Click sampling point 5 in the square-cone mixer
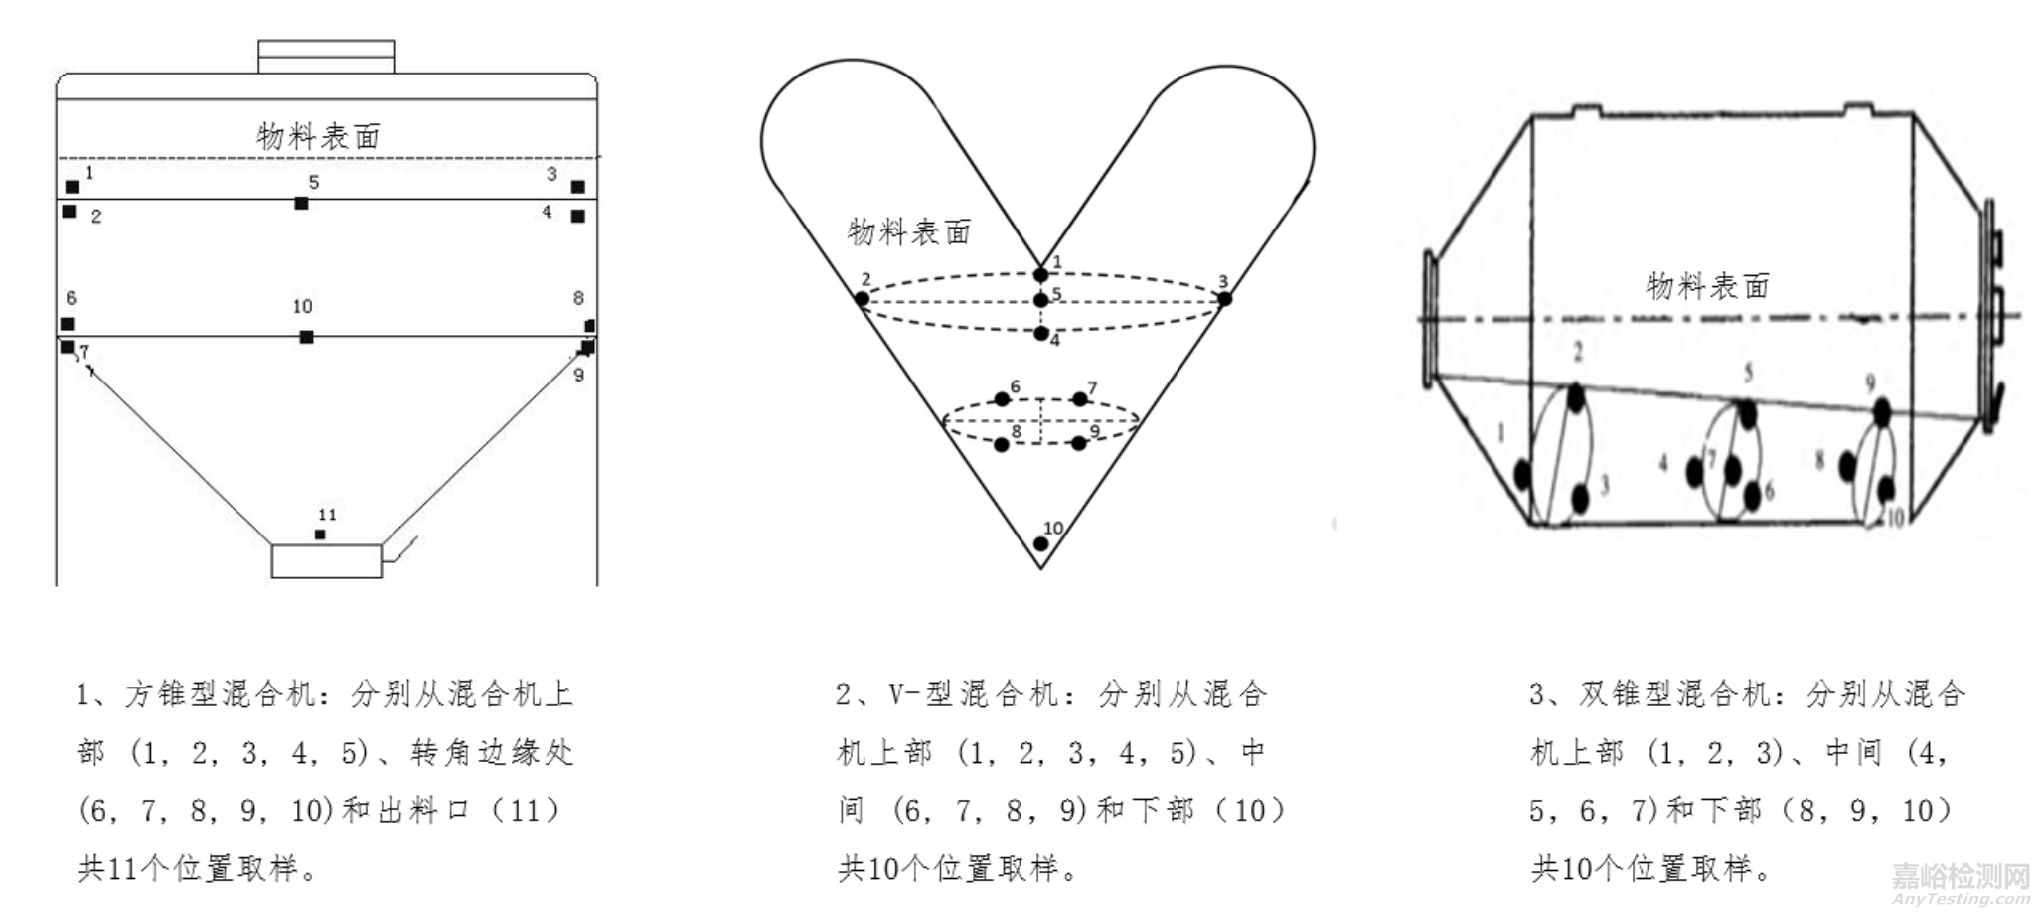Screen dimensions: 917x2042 (301, 204)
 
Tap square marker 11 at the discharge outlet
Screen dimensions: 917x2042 (320, 535)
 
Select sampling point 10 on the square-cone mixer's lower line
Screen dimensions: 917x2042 (307, 338)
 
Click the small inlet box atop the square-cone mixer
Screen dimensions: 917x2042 (326, 57)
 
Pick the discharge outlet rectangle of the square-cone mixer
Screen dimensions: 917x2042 (326, 561)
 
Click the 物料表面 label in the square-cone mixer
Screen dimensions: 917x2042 (319, 136)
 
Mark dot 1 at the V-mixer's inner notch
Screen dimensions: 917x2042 (1040, 275)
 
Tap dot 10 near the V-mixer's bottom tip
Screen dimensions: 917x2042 (1040, 543)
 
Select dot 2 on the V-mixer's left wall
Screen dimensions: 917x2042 (863, 298)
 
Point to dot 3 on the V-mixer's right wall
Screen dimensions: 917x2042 (1225, 298)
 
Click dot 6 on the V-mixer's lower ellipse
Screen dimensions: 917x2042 (1002, 399)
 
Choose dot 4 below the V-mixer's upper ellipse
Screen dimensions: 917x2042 (1040, 334)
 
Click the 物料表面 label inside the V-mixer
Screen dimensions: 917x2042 (908, 232)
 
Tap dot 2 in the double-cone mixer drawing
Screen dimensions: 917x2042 (1576, 398)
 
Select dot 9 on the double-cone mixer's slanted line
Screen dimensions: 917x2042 (1881, 410)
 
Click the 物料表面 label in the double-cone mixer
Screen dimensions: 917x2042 (1708, 286)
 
